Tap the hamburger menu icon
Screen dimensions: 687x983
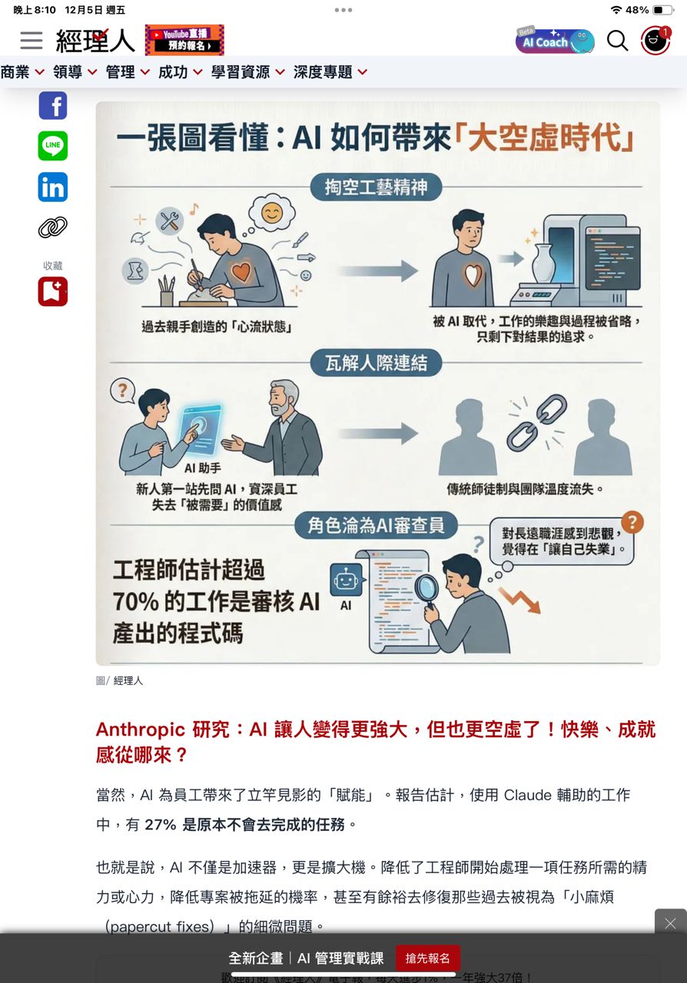tap(32, 41)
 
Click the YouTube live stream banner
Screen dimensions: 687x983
tap(184, 40)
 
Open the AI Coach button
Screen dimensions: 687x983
tap(556, 41)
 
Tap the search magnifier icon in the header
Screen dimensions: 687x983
tap(617, 41)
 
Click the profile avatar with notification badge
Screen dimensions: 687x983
tap(655, 41)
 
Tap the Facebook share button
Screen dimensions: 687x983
tap(53, 105)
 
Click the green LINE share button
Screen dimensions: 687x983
tap(53, 146)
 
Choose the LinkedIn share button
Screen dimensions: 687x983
tap(53, 187)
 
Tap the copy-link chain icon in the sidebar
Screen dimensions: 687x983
tap(53, 227)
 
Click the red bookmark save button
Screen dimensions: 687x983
tap(53, 291)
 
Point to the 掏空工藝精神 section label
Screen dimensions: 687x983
tap(376, 187)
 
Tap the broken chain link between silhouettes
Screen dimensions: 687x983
tap(537, 422)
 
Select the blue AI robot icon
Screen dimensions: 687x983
tap(346, 580)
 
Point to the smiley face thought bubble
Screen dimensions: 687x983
tap(272, 213)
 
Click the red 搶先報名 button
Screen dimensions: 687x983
tap(428, 958)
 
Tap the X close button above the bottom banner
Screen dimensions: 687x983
tap(670, 923)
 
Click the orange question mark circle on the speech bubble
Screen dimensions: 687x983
tap(632, 522)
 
